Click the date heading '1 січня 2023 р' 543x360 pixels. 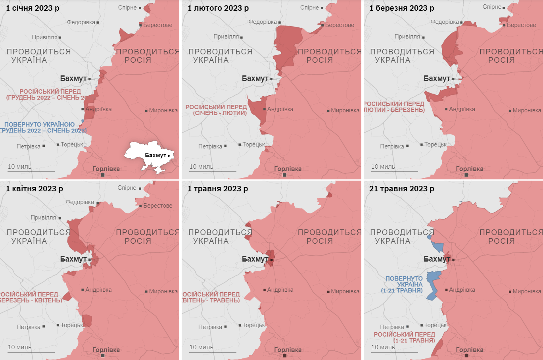pyautogui.click(x=33, y=8)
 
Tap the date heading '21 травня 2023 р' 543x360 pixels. pyautogui.click(x=401, y=189)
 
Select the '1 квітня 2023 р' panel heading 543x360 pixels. pyautogui.click(x=34, y=189)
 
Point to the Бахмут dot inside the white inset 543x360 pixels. pyautogui.click(x=169, y=156)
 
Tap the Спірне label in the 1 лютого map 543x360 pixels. pyautogui.click(x=309, y=8)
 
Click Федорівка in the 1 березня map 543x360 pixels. pyautogui.click(x=445, y=22)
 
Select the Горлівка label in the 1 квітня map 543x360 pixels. pyautogui.click(x=106, y=350)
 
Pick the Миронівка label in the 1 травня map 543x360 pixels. pyautogui.click(x=345, y=291)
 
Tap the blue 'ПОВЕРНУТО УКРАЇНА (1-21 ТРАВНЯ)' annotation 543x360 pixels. pyautogui.click(x=403, y=285)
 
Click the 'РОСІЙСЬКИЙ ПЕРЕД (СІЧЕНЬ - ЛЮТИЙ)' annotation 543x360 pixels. pyautogui.click(x=216, y=110)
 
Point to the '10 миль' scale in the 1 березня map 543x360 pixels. pyautogui.click(x=383, y=167)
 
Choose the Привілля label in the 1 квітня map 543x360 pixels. pyautogui.click(x=44, y=218)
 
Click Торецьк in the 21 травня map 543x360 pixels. pyautogui.click(x=436, y=325)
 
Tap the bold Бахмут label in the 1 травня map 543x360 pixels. pyautogui.click(x=255, y=259)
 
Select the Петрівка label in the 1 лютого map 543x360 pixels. pyautogui.click(x=210, y=146)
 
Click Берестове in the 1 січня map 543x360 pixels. pyautogui.click(x=158, y=25)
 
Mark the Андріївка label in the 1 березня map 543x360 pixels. pyautogui.click(x=462, y=109)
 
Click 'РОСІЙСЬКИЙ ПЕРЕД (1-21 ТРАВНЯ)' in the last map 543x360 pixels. pyautogui.click(x=404, y=337)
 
